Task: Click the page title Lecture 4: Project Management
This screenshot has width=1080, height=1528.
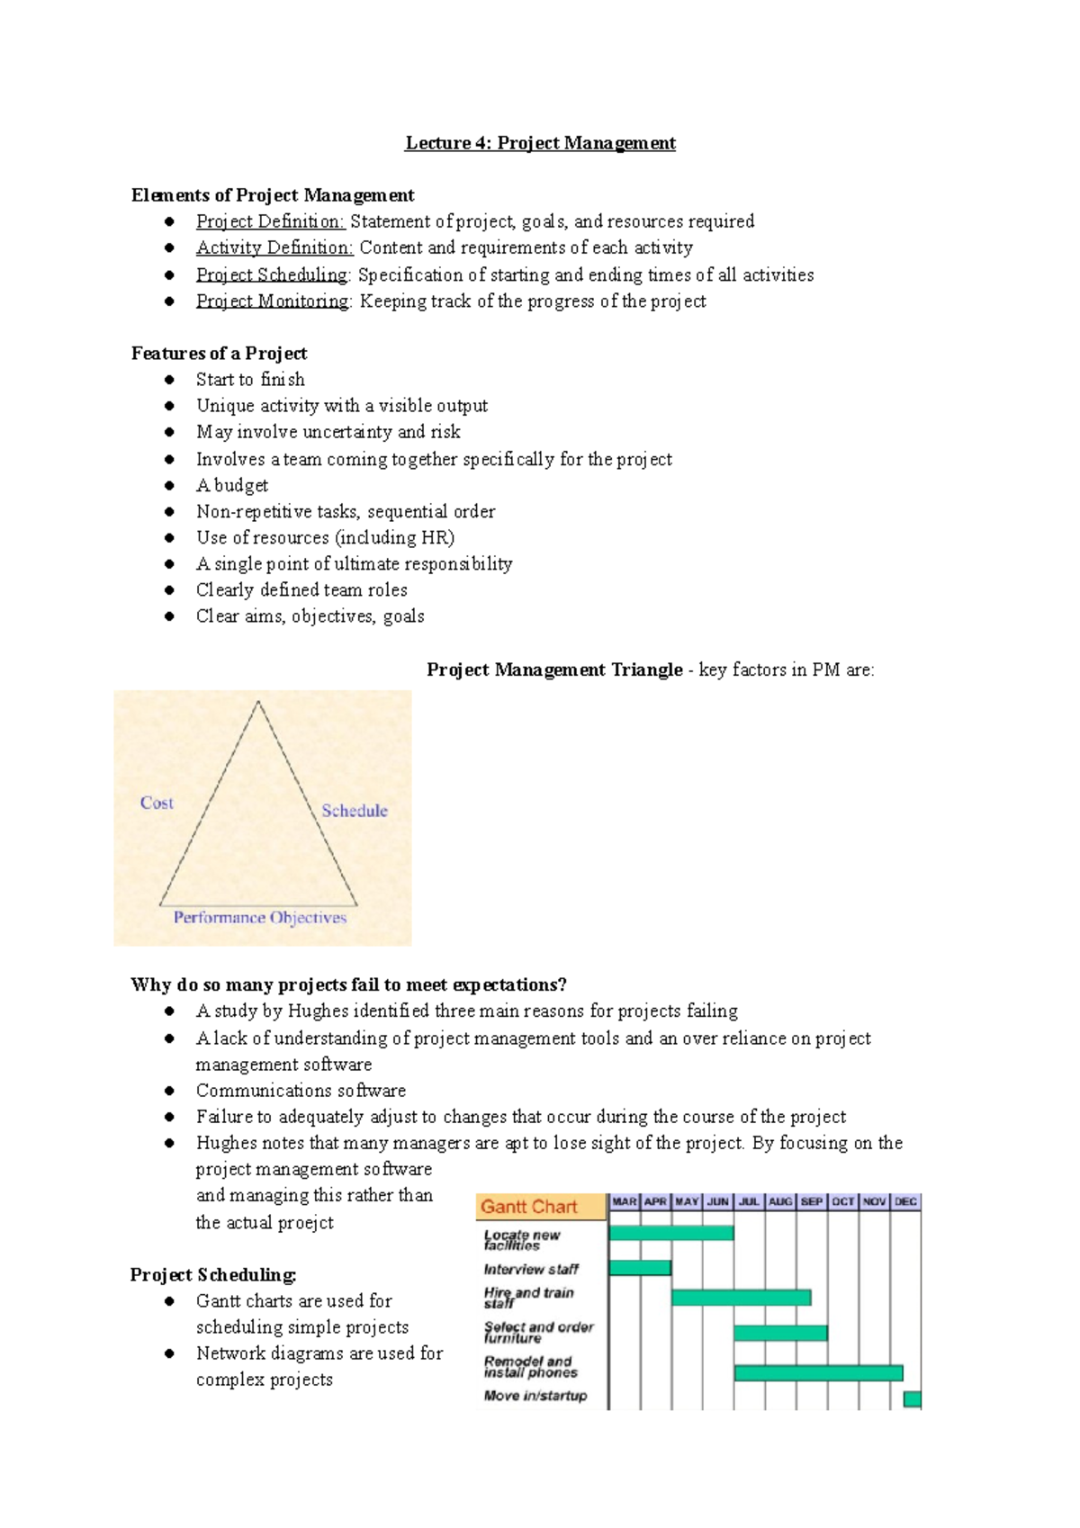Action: click(540, 143)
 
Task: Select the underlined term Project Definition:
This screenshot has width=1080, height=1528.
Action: click(270, 221)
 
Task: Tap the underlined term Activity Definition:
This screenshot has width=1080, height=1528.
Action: click(274, 247)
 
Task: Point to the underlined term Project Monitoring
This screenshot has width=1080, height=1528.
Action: click(273, 301)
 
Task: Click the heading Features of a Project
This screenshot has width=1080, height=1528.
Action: click(219, 354)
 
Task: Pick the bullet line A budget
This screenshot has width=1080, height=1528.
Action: click(232, 486)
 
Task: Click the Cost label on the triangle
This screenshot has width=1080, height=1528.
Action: click(157, 803)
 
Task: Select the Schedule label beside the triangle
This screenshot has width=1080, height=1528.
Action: click(355, 811)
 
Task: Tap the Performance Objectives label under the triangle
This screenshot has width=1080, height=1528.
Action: click(260, 918)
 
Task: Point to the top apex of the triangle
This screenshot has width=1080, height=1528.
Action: click(258, 702)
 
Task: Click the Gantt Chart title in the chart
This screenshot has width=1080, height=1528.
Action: click(529, 1207)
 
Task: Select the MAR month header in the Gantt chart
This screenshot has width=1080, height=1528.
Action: click(625, 1201)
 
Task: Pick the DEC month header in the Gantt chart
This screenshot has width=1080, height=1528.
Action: click(905, 1201)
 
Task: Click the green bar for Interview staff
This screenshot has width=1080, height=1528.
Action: click(640, 1268)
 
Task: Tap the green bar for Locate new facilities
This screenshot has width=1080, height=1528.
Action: click(671, 1233)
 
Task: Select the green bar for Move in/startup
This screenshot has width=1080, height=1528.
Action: click(913, 1398)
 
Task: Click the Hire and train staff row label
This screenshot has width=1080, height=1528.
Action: click(528, 1298)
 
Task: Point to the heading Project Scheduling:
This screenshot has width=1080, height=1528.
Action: click(213, 1275)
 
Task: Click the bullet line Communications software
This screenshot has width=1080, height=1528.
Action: click(301, 1091)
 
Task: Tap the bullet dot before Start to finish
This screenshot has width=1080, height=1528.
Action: click(169, 380)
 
